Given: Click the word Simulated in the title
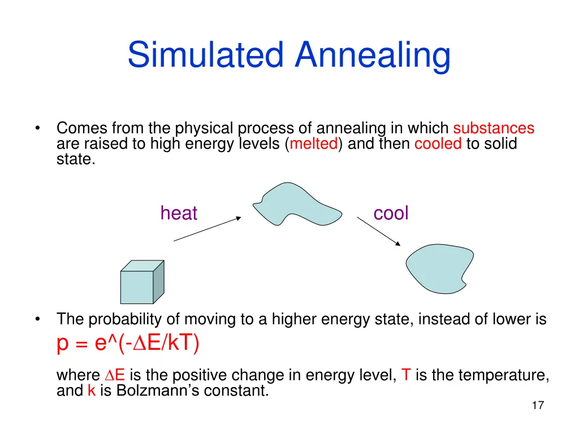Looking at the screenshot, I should [x=206, y=55].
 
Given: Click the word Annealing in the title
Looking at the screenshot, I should [x=373, y=55].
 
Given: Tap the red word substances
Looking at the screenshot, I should [x=493, y=129].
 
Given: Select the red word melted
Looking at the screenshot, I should [x=314, y=144].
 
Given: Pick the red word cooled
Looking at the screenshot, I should [x=438, y=144].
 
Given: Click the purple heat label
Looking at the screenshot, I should [x=179, y=213].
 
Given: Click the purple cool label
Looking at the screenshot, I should [x=391, y=213].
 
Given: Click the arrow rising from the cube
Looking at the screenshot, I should [x=207, y=228].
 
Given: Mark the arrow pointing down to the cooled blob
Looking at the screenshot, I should [x=378, y=231].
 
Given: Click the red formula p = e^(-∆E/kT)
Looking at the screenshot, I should [x=128, y=343].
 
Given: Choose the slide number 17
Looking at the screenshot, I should [x=537, y=405].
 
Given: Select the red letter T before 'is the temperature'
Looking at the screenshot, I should [x=405, y=375].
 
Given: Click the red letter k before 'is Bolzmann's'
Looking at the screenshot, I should [x=91, y=390].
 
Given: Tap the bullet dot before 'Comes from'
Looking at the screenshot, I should [x=37, y=128].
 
